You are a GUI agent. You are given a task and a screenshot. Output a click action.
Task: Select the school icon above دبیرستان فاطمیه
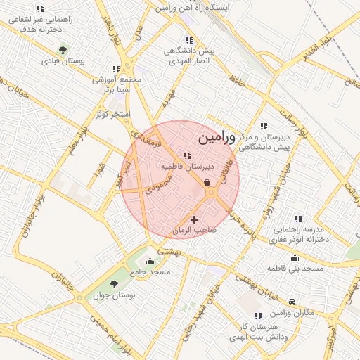coord(187,156)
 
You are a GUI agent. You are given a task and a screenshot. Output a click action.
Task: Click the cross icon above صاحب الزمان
coord(195,220)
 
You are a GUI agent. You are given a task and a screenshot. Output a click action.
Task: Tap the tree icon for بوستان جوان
coord(114,284)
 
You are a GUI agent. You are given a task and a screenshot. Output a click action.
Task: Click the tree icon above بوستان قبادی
coord(63,50)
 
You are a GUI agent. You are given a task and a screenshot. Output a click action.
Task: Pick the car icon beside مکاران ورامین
coord(292,299)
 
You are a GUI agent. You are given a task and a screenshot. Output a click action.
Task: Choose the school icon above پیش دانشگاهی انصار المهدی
coord(188,40)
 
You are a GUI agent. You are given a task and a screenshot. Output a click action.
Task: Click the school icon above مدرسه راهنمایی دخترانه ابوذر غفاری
coord(297,218)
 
